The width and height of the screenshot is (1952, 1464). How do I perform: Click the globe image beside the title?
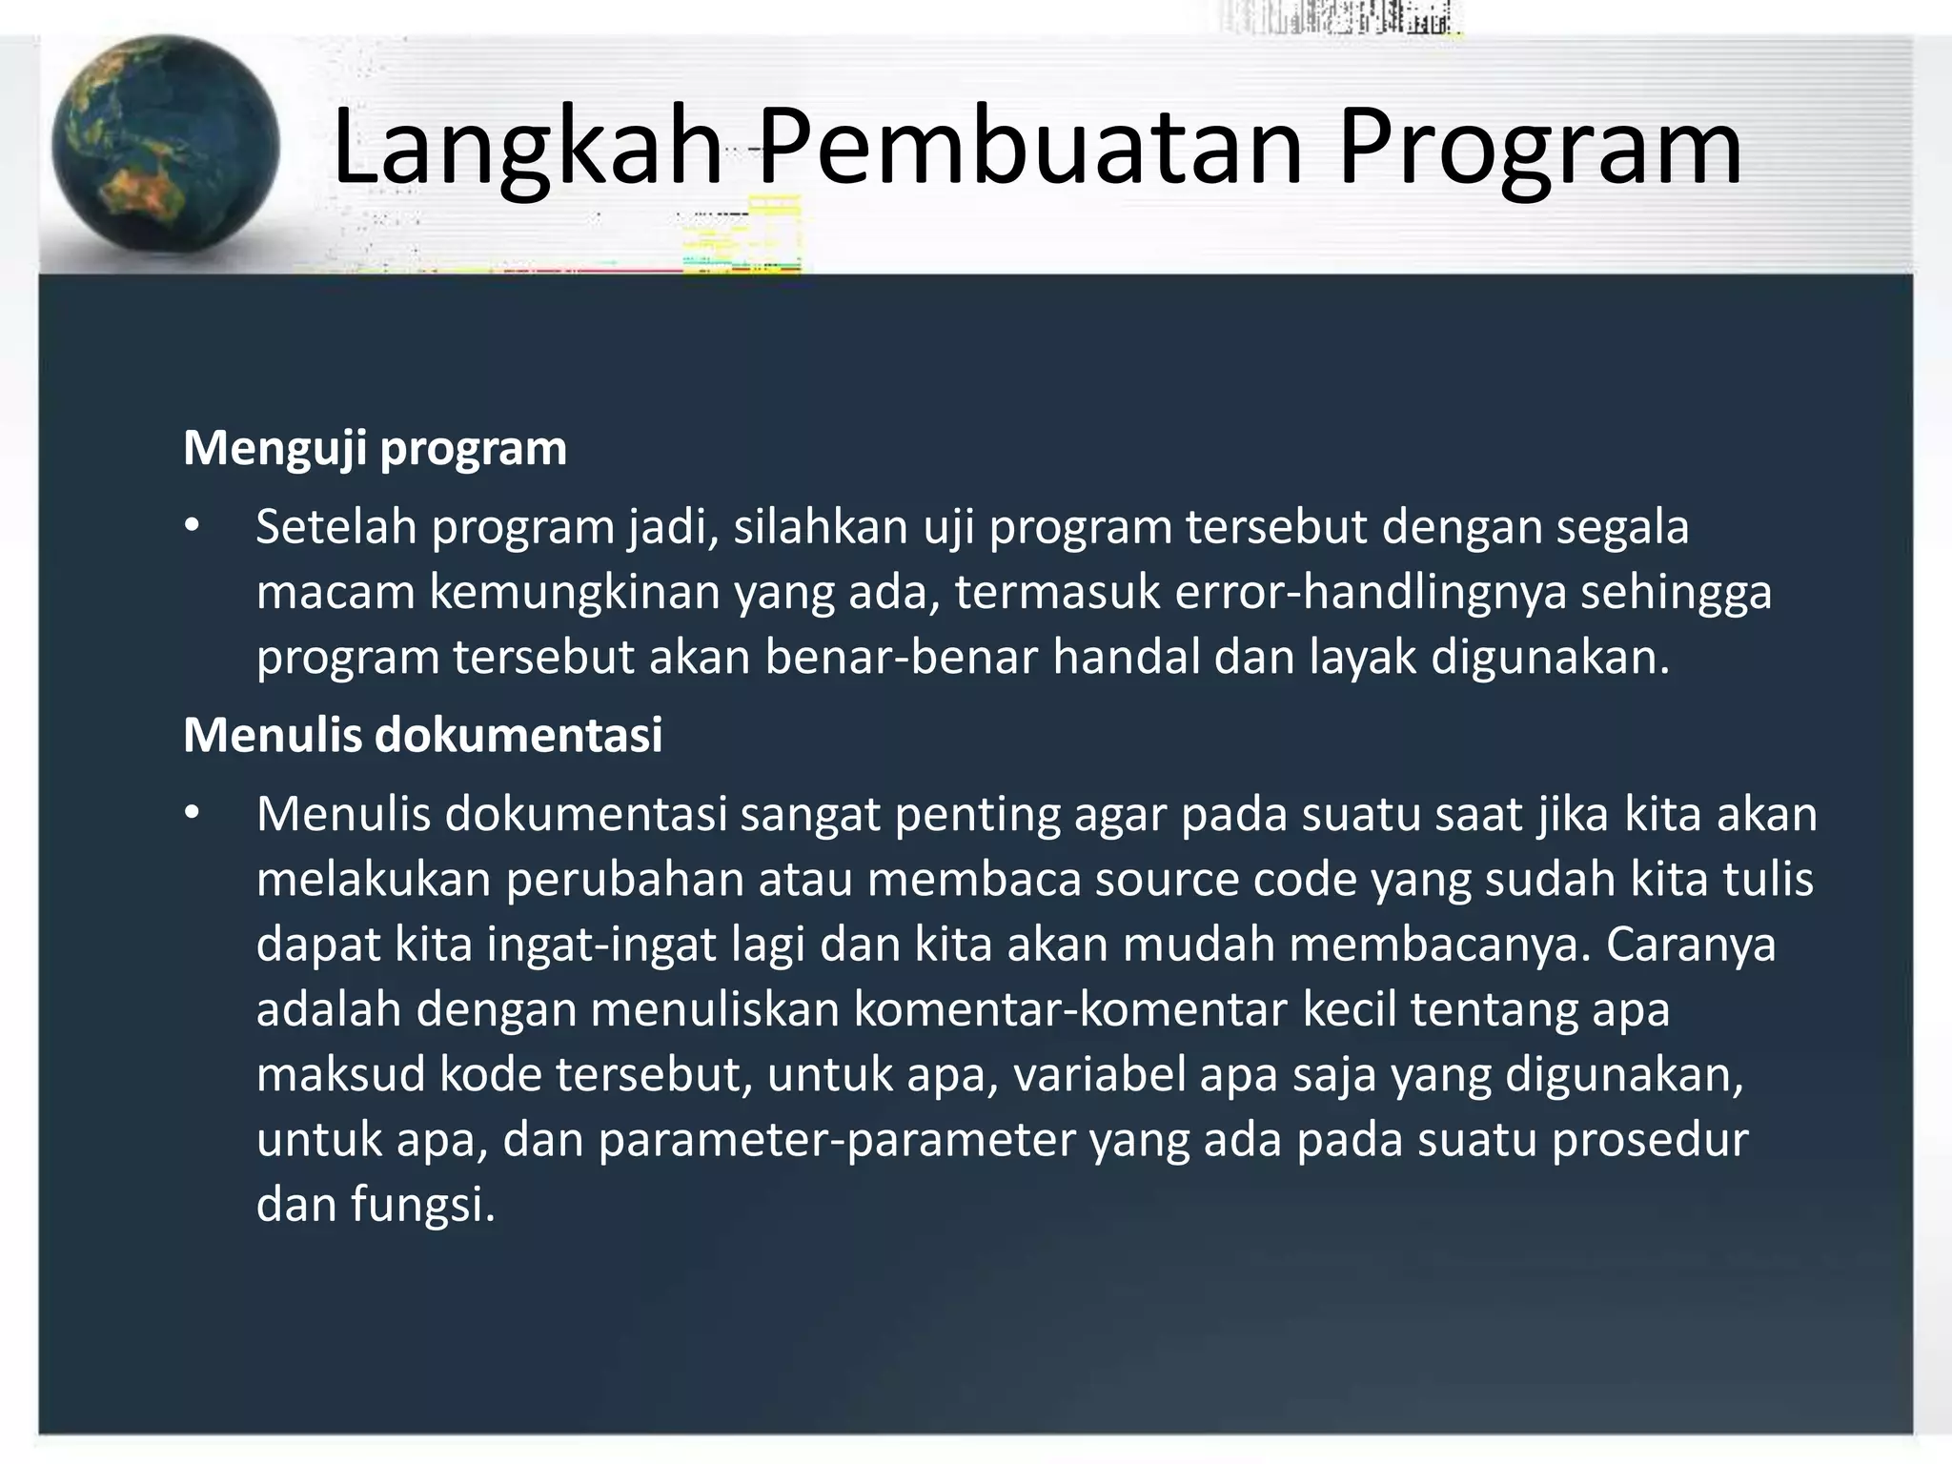[166, 145]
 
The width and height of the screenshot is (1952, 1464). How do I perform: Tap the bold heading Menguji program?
[375, 448]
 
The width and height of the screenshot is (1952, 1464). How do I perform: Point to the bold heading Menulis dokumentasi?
[422, 735]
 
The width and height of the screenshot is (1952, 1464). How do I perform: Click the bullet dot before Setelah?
[193, 527]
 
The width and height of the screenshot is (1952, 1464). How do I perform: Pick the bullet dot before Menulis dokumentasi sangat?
[193, 815]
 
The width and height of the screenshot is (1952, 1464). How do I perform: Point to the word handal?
[1125, 658]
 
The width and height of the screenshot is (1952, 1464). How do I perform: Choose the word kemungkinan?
[574, 593]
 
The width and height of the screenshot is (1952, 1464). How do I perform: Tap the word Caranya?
[1690, 945]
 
